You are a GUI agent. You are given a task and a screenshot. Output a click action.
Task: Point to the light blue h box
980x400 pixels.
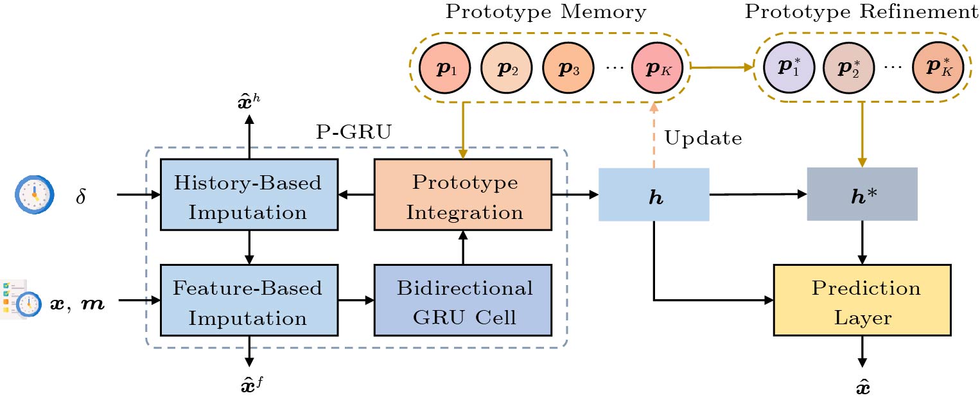click(654, 195)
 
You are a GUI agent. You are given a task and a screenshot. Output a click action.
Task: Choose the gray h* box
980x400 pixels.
click(862, 194)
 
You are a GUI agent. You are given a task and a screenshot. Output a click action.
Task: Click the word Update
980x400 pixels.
click(703, 138)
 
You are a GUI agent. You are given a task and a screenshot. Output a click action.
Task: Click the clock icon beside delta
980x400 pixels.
click(32, 194)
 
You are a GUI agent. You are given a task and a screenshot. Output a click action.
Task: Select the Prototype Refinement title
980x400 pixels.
click(861, 12)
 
